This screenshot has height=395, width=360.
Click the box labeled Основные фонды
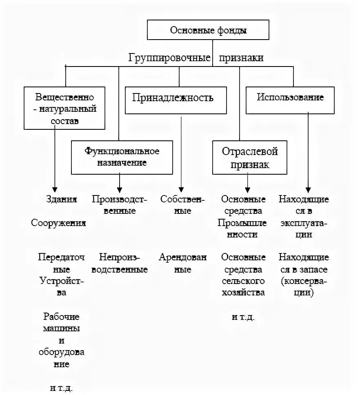pos(208,30)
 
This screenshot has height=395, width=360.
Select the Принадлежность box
pos(176,98)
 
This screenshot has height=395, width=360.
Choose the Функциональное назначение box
pos(122,157)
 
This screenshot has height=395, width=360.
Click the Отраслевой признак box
pos(250,158)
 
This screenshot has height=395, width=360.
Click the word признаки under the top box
pos(241,58)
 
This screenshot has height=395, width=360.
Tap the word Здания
pos(61,200)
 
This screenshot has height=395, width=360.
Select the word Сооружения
pos(59,223)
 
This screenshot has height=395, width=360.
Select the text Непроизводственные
pos(119,264)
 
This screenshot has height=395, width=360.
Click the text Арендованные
pos(183,264)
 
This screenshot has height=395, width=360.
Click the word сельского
pos(244,281)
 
